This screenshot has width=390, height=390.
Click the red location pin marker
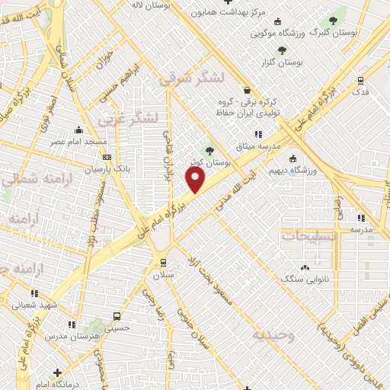pyautogui.click(x=196, y=180)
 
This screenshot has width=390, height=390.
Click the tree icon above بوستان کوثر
pyautogui.click(x=209, y=150)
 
